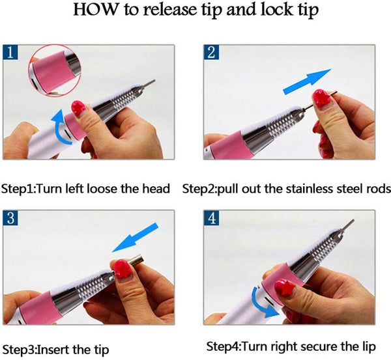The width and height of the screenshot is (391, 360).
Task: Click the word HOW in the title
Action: (95, 10)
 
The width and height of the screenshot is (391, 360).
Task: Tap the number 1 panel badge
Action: (10, 52)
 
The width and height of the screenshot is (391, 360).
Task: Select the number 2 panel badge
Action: (211, 52)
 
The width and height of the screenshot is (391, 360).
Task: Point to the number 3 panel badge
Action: (10, 217)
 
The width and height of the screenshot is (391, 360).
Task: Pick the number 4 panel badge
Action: (211, 217)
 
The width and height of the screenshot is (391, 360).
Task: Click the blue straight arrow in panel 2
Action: (307, 81)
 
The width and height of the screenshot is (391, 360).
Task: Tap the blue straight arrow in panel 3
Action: (135, 237)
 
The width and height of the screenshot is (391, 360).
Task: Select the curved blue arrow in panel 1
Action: (59, 127)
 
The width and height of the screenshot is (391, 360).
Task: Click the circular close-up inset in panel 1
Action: (55, 70)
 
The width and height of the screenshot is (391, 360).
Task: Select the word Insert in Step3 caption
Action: (54, 350)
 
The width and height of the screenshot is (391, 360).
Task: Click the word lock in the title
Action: (276, 10)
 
